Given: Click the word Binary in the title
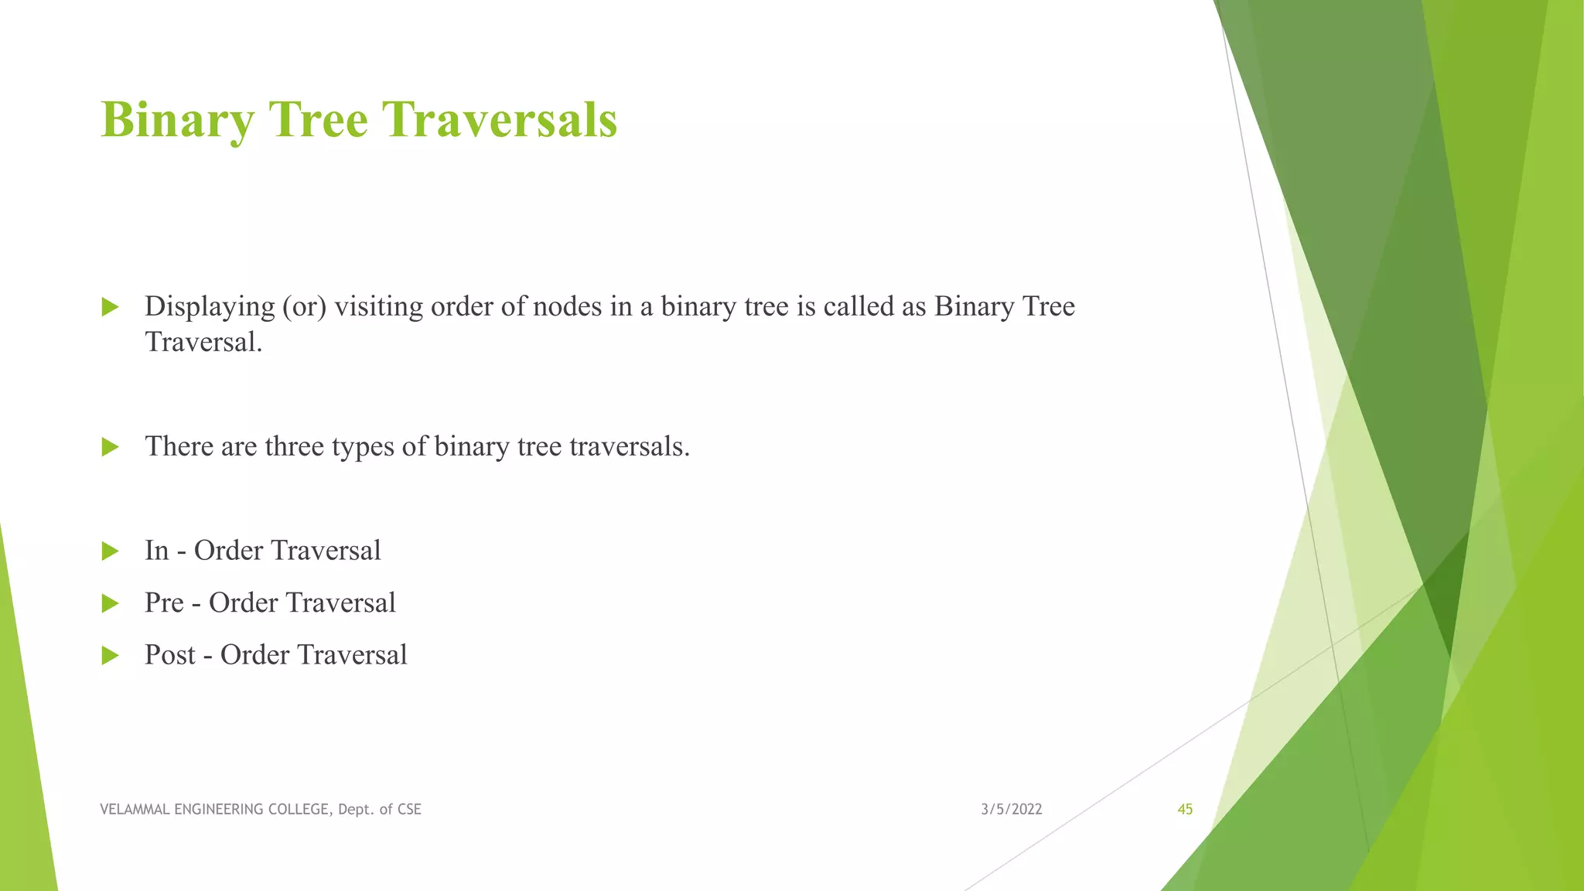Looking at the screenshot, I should pyautogui.click(x=177, y=121).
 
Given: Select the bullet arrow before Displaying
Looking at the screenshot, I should pyautogui.click(x=110, y=307).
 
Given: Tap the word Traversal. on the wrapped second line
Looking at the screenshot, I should pyautogui.click(x=203, y=342).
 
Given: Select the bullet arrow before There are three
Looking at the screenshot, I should pyautogui.click(x=110, y=447).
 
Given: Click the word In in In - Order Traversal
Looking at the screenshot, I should pyautogui.click(x=156, y=551).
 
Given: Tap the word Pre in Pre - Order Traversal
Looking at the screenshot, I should pyautogui.click(x=164, y=603).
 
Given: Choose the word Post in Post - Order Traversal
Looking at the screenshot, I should pyautogui.click(x=170, y=655).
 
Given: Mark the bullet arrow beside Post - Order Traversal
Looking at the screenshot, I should pyautogui.click(x=110, y=656).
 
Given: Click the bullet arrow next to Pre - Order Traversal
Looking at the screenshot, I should pyautogui.click(x=110, y=603).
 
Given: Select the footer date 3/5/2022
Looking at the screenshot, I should pyautogui.click(x=1011, y=810).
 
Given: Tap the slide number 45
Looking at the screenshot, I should pyautogui.click(x=1184, y=810).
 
